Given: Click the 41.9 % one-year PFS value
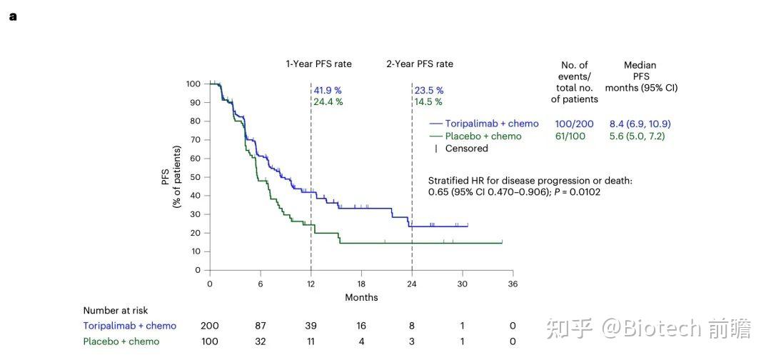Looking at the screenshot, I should click(x=328, y=91).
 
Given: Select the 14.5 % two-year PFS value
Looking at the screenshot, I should click(x=429, y=102).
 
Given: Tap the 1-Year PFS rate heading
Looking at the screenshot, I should click(x=318, y=64).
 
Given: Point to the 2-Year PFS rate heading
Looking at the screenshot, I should click(x=420, y=64).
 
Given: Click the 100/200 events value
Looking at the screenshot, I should click(x=574, y=124).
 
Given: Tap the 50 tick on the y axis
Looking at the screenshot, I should click(x=193, y=177).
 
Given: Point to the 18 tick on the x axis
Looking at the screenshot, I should click(x=361, y=284).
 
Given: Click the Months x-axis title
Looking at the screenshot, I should click(x=361, y=297).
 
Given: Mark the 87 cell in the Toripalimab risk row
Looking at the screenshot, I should click(x=261, y=326).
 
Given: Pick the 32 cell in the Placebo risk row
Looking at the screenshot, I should click(x=261, y=341).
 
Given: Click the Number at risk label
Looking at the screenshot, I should click(x=116, y=311).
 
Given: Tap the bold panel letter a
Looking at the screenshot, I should click(x=13, y=16).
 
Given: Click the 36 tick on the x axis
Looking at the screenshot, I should click(x=513, y=284).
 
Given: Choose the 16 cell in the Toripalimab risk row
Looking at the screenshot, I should click(x=361, y=326).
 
